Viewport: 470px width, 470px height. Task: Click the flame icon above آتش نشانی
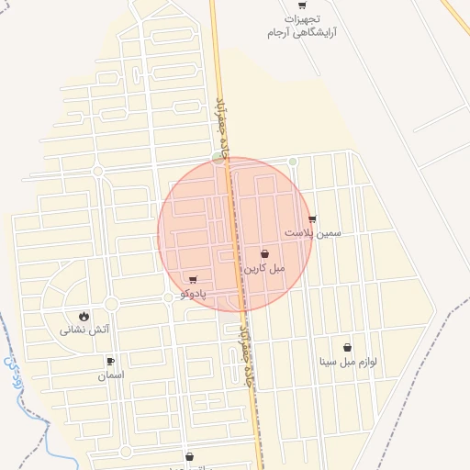click(85, 316)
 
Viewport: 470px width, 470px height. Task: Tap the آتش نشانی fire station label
click(85, 330)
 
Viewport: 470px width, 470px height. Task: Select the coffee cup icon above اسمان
click(111, 362)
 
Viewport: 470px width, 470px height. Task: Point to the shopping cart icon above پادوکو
click(193, 279)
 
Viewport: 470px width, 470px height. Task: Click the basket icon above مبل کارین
click(264, 254)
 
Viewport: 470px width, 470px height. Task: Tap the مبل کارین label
click(264, 268)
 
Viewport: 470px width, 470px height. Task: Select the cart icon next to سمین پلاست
click(313, 218)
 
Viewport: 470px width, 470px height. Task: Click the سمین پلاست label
click(312, 233)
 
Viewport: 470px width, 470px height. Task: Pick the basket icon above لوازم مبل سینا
click(348, 347)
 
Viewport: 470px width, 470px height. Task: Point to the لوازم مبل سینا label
click(348, 362)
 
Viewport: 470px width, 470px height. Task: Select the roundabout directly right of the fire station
click(112, 304)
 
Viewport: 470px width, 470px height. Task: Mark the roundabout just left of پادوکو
click(167, 297)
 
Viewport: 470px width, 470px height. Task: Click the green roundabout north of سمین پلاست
click(293, 162)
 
